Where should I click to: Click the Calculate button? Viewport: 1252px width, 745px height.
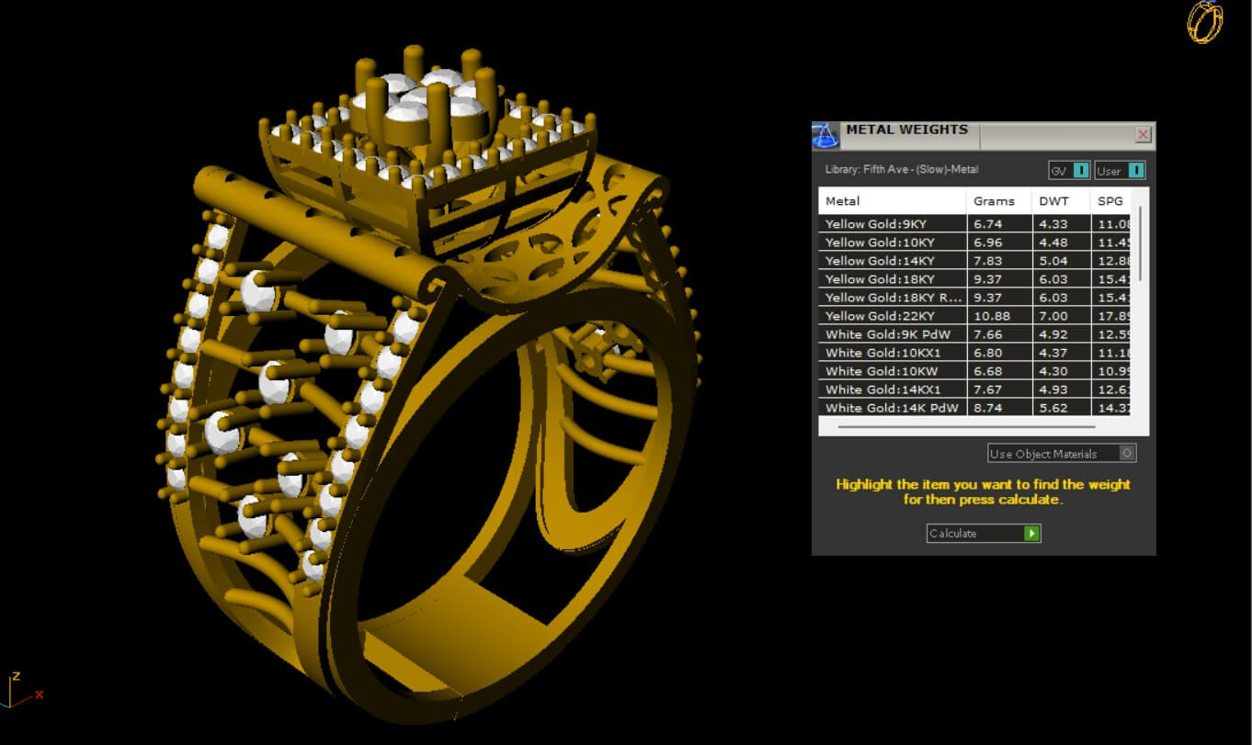click(983, 534)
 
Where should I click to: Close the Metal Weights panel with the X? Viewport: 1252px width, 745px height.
click(1143, 135)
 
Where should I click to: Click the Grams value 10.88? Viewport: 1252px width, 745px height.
click(991, 316)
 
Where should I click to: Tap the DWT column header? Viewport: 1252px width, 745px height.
click(1053, 201)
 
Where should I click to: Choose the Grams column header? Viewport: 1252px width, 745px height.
click(994, 201)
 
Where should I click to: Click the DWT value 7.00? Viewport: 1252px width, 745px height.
click(1053, 316)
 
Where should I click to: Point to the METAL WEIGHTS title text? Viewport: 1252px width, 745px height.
click(906, 130)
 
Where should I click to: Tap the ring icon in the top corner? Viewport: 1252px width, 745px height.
click(1205, 21)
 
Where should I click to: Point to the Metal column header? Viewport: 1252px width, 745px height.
click(843, 201)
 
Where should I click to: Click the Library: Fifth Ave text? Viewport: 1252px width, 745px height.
click(901, 170)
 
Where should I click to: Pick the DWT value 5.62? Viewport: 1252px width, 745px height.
click(1053, 408)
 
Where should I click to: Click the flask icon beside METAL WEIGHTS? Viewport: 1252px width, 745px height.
click(825, 136)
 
